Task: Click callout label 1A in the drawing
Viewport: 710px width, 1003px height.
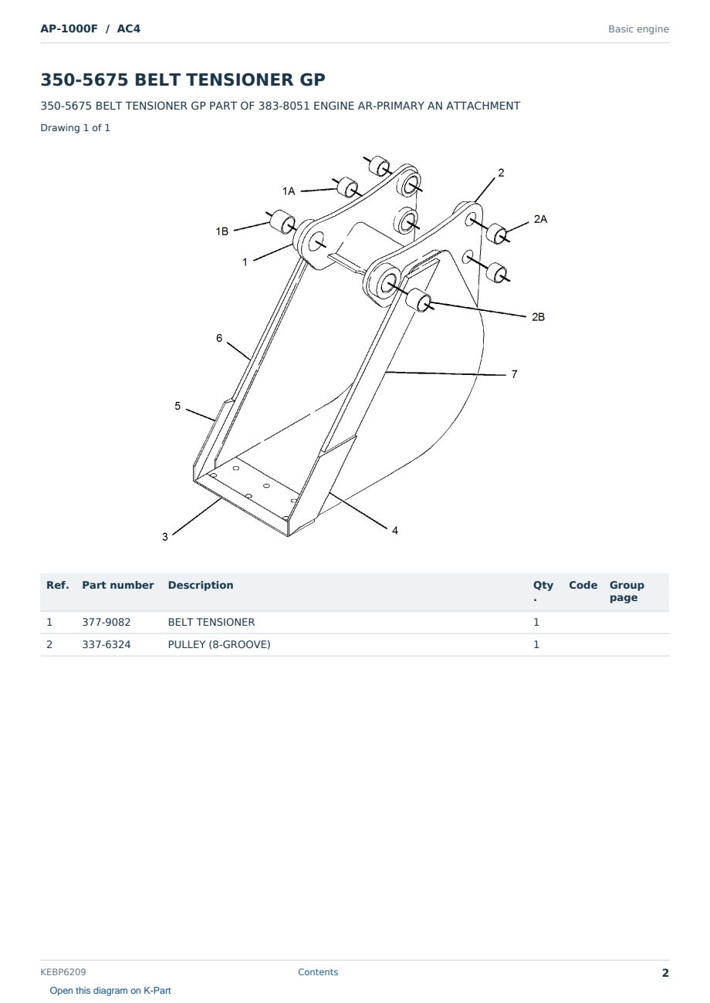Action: tap(289, 191)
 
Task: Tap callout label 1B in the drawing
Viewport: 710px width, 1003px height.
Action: tap(221, 231)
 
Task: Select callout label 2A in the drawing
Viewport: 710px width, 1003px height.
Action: tap(540, 219)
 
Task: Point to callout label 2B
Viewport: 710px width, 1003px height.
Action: tap(538, 317)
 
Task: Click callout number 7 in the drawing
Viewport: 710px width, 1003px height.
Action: tap(514, 374)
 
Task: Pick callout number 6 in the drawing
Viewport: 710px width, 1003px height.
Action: tap(219, 338)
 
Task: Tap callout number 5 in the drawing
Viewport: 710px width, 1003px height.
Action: tap(177, 406)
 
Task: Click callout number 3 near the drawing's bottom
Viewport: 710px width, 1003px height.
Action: tap(165, 536)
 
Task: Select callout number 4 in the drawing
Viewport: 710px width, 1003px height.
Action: tap(394, 530)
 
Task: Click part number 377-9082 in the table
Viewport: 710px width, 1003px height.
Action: tap(106, 622)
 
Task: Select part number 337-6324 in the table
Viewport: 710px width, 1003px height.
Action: tap(106, 644)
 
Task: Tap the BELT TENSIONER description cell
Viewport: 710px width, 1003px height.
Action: tap(211, 622)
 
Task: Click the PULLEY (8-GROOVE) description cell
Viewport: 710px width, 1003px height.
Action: tap(219, 644)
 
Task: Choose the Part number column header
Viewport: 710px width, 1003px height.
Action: tap(118, 585)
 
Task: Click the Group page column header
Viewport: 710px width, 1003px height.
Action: tap(627, 591)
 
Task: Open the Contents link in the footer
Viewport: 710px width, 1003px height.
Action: tap(318, 972)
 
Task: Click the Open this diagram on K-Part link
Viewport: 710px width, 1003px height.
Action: tap(110, 991)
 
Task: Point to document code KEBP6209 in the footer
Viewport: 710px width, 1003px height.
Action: tap(63, 972)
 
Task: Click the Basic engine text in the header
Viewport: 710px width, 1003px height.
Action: tap(638, 29)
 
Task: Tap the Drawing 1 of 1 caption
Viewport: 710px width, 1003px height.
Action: tap(76, 127)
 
